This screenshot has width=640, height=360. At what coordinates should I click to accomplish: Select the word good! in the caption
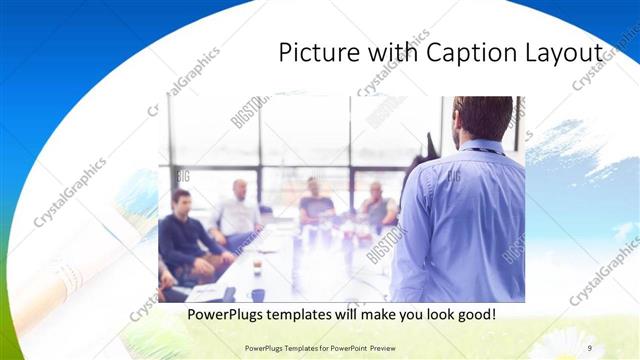point(475,315)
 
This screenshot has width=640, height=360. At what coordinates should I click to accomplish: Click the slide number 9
point(590,348)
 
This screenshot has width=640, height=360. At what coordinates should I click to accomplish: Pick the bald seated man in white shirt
point(237,212)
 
